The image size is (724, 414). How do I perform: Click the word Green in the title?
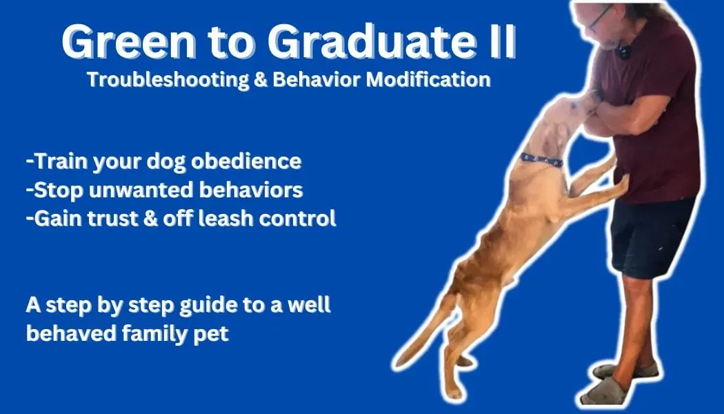(x=129, y=41)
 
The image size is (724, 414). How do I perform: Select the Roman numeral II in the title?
(x=501, y=41)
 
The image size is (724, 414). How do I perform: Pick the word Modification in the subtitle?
(x=428, y=79)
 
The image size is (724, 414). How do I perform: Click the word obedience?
(x=246, y=161)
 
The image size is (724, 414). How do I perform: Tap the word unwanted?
(x=141, y=190)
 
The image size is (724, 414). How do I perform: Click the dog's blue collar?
(x=541, y=160)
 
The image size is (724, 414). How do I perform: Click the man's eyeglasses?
(x=600, y=17)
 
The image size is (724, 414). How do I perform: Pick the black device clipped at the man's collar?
(x=623, y=51)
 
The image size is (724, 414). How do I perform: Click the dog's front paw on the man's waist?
(x=622, y=182)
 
